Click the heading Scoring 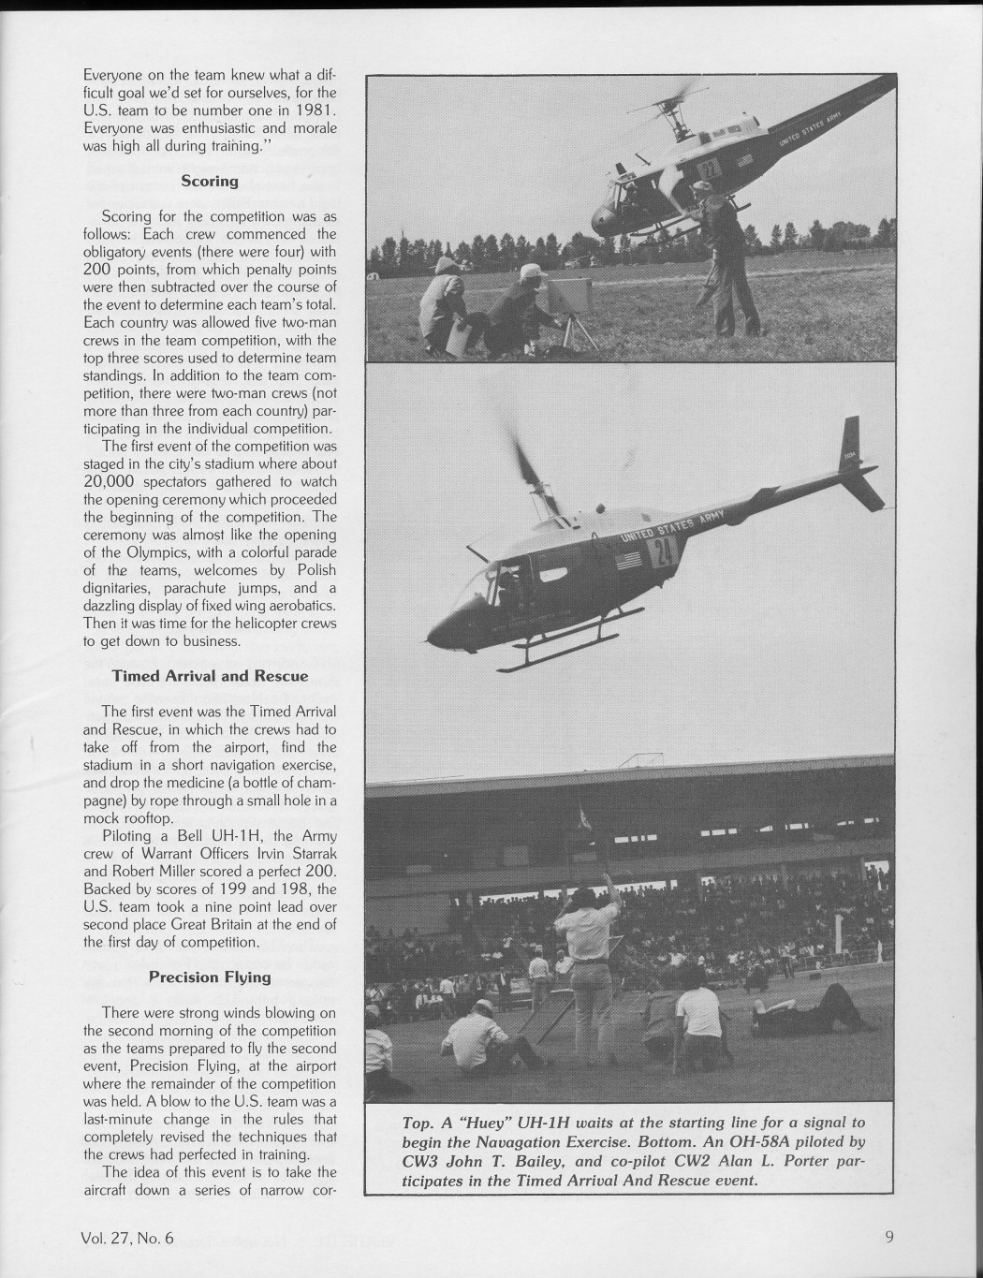pyautogui.click(x=209, y=181)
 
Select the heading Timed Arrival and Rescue pyautogui.click(x=210, y=675)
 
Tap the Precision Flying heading pyautogui.click(x=210, y=977)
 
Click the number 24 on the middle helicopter pyautogui.click(x=663, y=552)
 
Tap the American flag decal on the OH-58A pyautogui.click(x=630, y=562)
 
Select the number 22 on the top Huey pyautogui.click(x=709, y=170)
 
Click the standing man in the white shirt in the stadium pyautogui.click(x=587, y=964)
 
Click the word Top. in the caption pyautogui.click(x=418, y=1123)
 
